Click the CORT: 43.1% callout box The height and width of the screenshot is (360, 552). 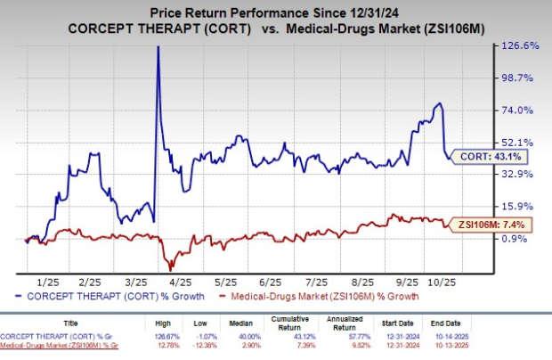[x=486, y=156]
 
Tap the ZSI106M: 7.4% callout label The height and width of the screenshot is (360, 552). [x=490, y=224]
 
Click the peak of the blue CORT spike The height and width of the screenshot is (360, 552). [x=158, y=47]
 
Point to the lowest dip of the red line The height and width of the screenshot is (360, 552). [x=170, y=268]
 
